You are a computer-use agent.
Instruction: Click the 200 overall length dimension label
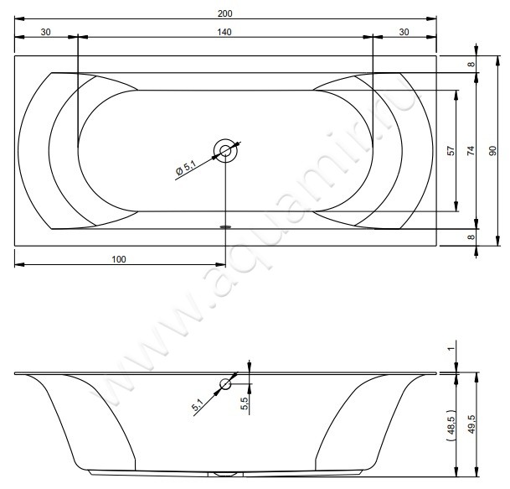click(224, 13)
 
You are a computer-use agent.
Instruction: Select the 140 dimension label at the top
click(224, 32)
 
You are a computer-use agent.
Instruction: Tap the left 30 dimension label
click(45, 32)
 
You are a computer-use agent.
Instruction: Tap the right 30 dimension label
click(404, 32)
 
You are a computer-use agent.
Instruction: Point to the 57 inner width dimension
click(451, 150)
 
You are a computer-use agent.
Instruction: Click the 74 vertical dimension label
click(471, 150)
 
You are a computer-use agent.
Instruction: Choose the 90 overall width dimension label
click(492, 150)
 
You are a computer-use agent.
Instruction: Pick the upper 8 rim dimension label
click(471, 65)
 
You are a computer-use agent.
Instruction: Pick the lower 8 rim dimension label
click(471, 237)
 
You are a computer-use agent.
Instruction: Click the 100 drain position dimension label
click(119, 259)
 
